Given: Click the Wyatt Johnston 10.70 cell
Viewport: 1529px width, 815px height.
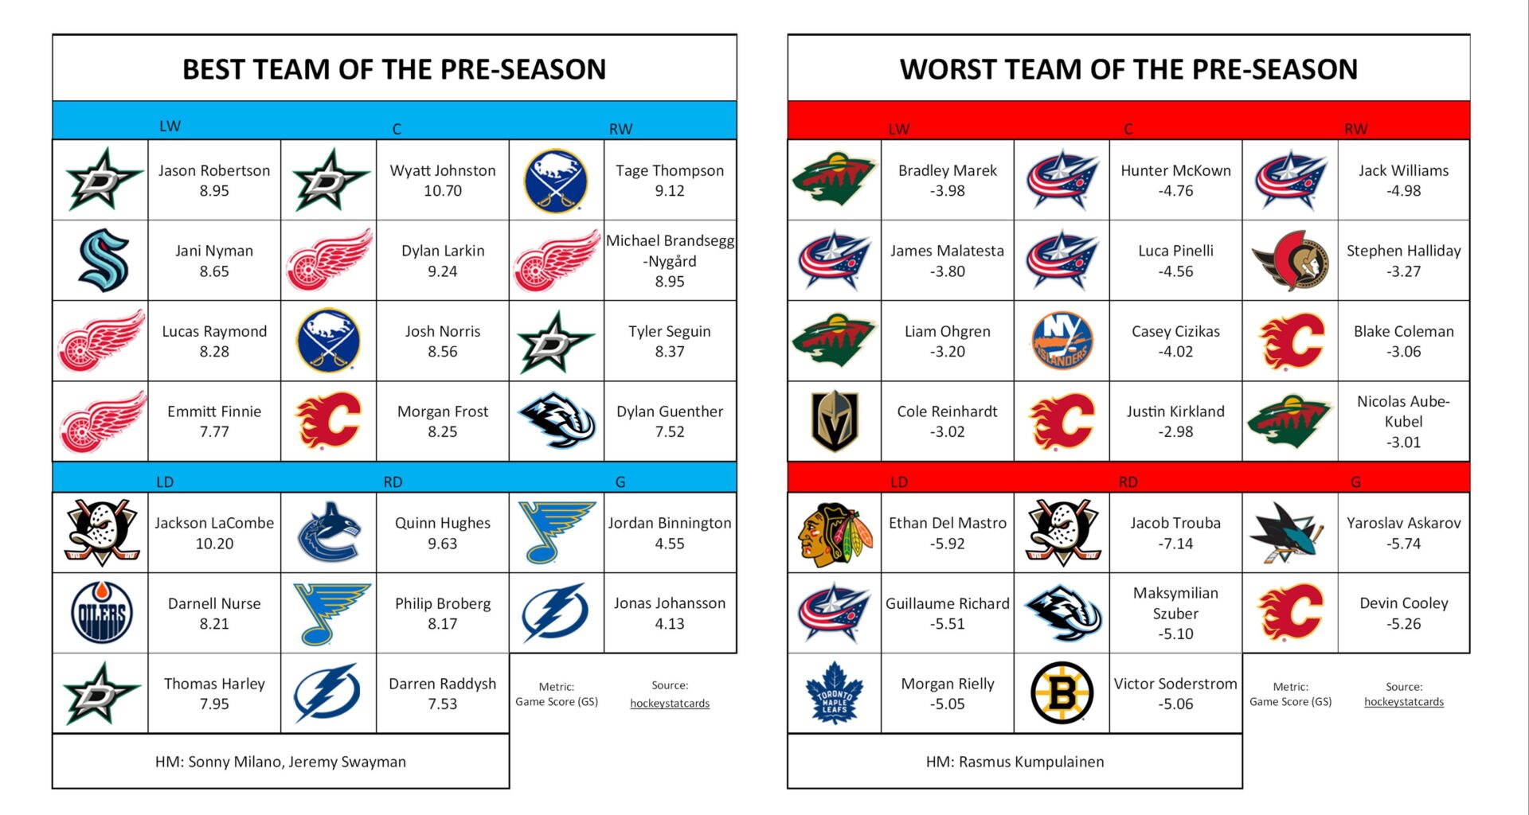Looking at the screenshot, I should pyautogui.click(x=442, y=181).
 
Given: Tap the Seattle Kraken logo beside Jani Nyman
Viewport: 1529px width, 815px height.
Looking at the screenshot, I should pyautogui.click(x=101, y=260).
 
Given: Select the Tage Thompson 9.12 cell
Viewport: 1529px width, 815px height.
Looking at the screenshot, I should pyautogui.click(x=669, y=181).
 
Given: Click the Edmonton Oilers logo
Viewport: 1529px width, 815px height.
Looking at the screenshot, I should pyautogui.click(x=101, y=613).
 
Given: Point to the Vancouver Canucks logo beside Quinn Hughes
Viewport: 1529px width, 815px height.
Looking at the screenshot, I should pyautogui.click(x=328, y=532).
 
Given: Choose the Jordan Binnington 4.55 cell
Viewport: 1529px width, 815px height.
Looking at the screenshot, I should pyautogui.click(x=669, y=533).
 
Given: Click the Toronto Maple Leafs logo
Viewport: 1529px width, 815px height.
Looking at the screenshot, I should pyautogui.click(x=834, y=693).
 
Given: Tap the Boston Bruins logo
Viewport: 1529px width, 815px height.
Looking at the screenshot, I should pyautogui.click(x=1062, y=693).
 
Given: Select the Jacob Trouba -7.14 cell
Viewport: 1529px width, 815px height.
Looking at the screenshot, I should pyautogui.click(x=1175, y=533).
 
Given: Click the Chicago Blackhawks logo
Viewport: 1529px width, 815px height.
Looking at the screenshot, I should pyautogui.click(x=834, y=532).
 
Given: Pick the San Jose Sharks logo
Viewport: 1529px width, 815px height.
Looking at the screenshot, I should pyautogui.click(x=1289, y=532).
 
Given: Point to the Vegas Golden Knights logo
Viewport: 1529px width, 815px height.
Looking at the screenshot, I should pyautogui.click(x=834, y=421).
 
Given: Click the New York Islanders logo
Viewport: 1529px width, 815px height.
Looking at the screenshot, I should pyautogui.click(x=1062, y=341).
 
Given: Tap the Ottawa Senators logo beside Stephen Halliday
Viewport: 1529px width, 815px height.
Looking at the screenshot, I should pyautogui.click(x=1289, y=260).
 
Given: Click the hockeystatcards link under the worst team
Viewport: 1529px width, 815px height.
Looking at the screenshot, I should pyautogui.click(x=1403, y=702).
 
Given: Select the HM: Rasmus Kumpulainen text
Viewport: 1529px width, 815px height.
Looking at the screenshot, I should pyautogui.click(x=1015, y=762).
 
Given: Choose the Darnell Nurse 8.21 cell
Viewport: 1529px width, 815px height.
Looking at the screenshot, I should pyautogui.click(x=214, y=614).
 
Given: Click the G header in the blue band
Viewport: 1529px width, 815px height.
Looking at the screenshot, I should pyautogui.click(x=620, y=482).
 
